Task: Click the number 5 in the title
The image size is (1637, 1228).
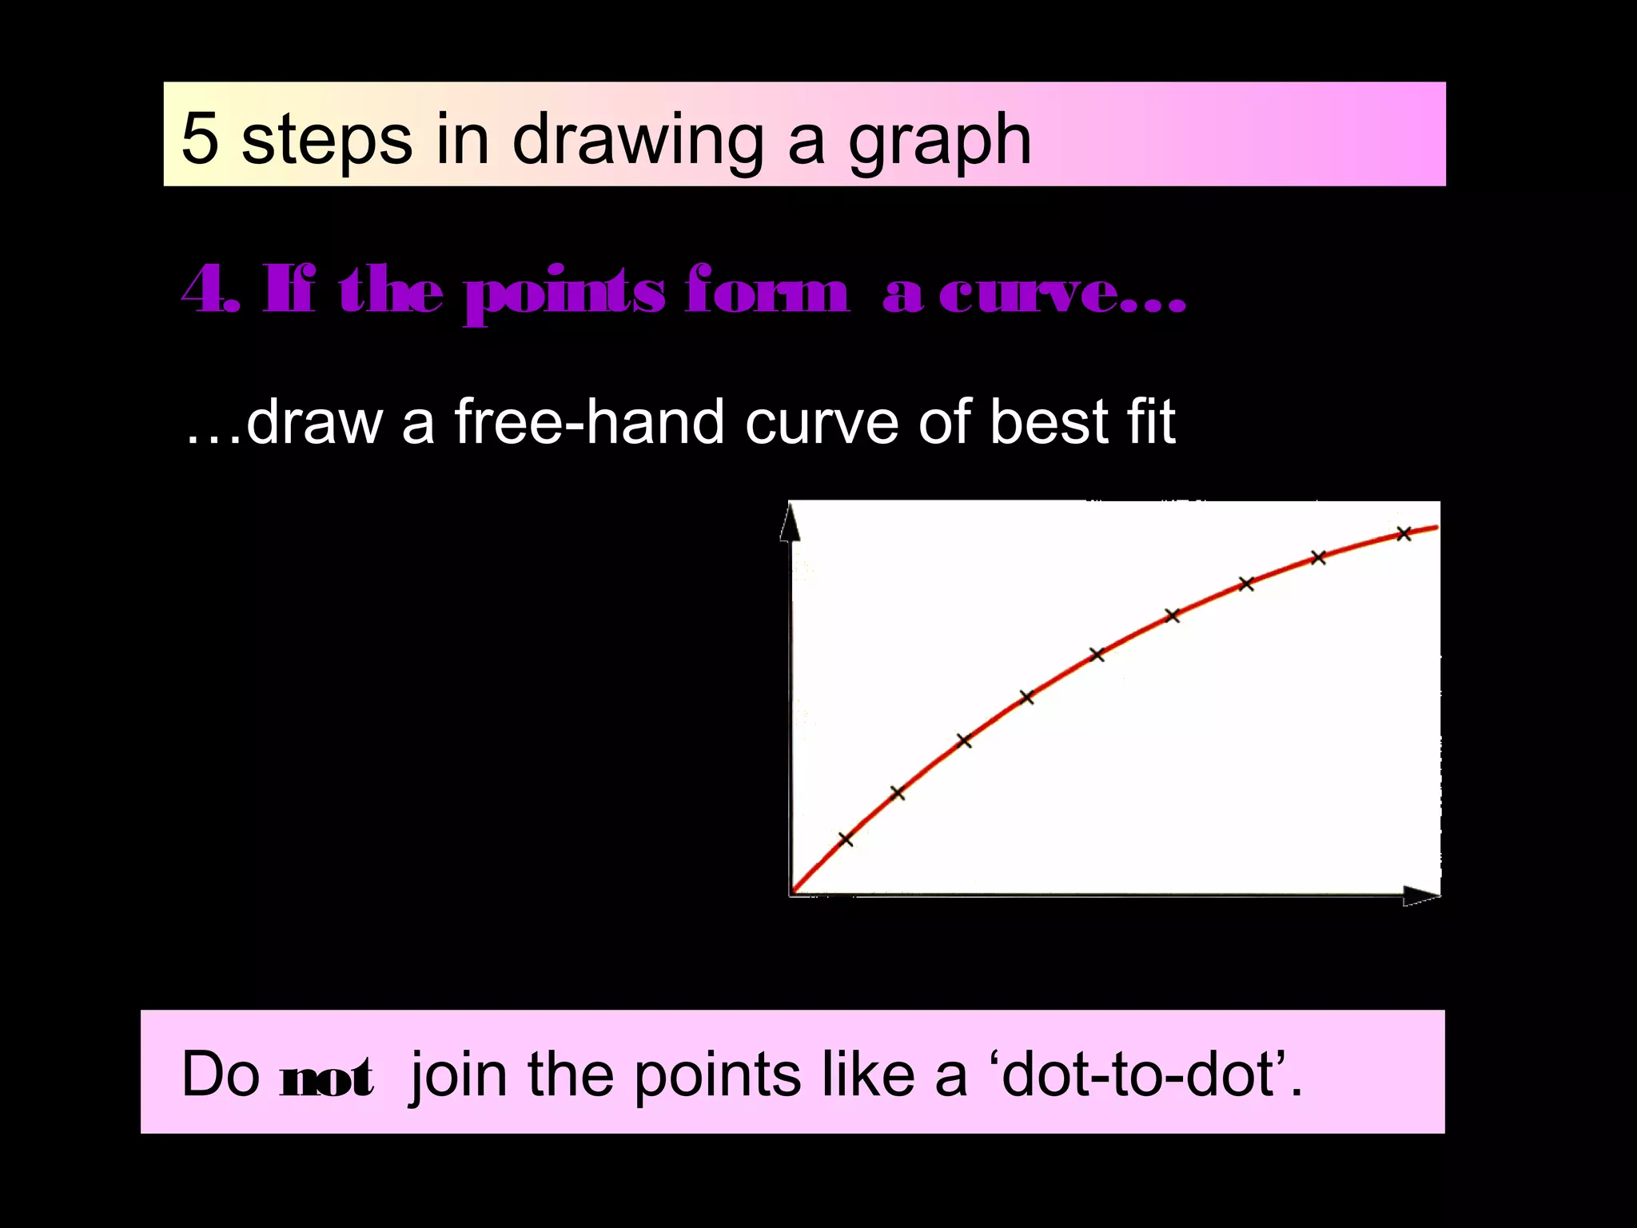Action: (200, 138)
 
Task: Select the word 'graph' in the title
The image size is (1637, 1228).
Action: (940, 142)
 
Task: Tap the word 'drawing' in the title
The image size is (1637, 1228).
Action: (636, 142)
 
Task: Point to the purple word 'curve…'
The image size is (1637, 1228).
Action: (1063, 293)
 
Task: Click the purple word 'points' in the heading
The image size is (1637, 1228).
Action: (564, 295)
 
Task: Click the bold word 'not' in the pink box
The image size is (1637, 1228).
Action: (327, 1077)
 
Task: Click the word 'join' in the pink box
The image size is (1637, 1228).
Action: (457, 1075)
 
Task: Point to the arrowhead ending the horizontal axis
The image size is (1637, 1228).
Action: (1421, 897)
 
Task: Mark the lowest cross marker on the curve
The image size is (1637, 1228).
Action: (846, 839)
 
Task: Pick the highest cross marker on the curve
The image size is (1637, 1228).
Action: (1404, 534)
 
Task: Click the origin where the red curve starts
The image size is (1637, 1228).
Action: (793, 891)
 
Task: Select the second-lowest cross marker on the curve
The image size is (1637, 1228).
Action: (898, 793)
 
